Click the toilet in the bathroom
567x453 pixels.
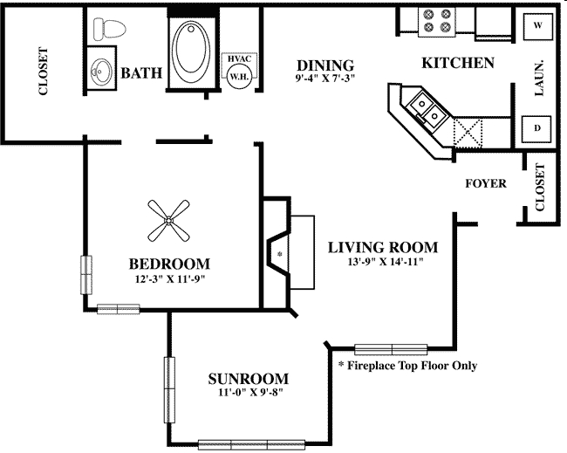click(109, 29)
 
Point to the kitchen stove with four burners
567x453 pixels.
click(436, 21)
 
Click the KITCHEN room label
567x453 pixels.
click(458, 63)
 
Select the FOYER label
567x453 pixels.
click(486, 184)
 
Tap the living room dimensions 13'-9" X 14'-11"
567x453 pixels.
click(382, 262)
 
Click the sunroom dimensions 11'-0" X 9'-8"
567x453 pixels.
click(249, 393)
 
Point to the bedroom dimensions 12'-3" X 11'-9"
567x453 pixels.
click(169, 278)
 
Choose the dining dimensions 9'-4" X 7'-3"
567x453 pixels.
click(324, 79)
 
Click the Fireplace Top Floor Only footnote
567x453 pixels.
click(407, 366)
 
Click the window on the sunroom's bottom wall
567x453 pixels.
click(253, 443)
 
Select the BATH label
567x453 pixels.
click(141, 72)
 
